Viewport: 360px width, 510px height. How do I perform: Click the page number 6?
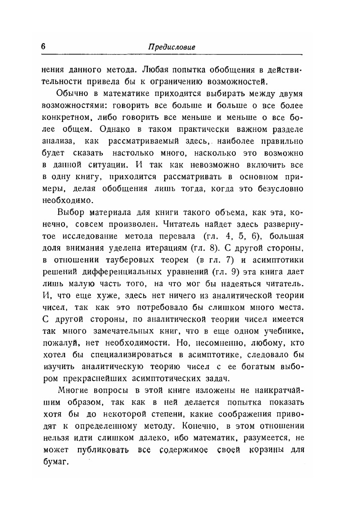44,46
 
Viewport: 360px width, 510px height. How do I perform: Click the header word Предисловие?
172,47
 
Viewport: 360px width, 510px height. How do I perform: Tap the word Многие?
74,389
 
